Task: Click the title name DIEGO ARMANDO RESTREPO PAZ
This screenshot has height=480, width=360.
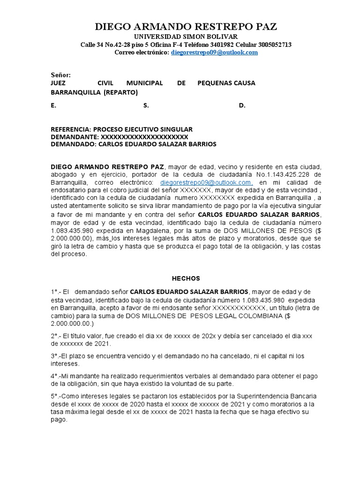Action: [186, 26]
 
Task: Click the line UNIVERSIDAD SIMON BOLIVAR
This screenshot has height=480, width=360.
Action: [186, 37]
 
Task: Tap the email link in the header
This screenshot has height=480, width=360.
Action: [214, 52]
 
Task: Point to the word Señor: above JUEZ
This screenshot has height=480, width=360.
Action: [61, 75]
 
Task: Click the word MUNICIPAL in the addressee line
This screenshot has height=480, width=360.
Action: [144, 83]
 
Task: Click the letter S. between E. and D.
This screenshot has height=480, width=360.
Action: [146, 106]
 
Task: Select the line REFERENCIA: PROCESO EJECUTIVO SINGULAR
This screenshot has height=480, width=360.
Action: [121, 129]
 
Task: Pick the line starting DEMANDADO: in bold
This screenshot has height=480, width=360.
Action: [134, 144]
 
